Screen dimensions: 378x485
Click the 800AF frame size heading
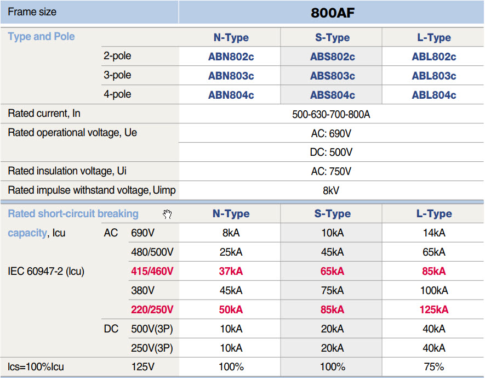point(332,13)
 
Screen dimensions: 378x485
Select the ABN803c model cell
point(231,76)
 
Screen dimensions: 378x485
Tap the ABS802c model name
point(332,57)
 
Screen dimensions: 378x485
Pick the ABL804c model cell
point(433,95)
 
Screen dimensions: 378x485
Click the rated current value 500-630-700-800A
point(332,114)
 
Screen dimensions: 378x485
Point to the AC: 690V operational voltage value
point(332,133)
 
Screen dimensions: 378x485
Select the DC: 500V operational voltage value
point(332,153)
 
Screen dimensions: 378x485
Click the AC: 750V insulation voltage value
point(332,171)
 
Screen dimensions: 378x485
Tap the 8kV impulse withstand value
point(332,190)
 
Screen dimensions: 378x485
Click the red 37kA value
point(231,271)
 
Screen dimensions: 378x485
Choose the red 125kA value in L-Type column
point(433,309)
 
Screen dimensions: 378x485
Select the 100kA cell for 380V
point(433,290)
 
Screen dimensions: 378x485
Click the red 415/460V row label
point(152,271)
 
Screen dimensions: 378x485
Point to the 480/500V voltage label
point(152,252)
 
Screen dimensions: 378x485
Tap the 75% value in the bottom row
point(433,366)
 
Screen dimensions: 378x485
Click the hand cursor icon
point(168,215)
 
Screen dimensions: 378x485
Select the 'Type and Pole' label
point(41,37)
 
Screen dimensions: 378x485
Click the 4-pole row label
point(117,94)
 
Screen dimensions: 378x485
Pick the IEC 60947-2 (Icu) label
point(46,271)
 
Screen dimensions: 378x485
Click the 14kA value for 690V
point(433,233)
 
